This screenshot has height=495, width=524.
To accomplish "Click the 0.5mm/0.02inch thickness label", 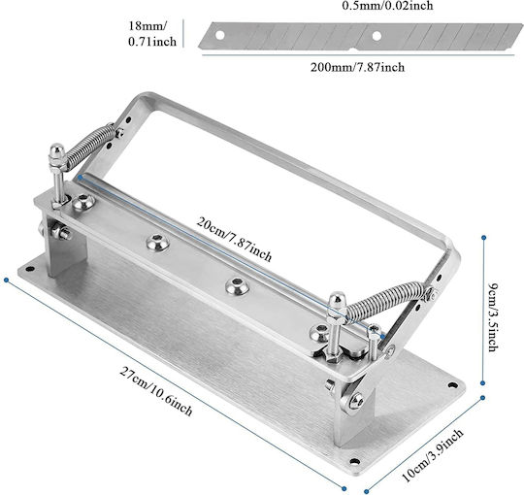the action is coord(387,6).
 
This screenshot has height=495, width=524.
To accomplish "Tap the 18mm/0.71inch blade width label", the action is coord(152,33).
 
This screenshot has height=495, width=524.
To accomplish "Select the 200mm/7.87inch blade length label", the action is coord(357,67).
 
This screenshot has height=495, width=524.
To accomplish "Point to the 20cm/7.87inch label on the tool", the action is coord(234,239).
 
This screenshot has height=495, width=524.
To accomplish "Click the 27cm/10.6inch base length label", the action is coord(156,391).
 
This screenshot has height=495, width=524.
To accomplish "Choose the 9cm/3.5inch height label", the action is coord(493,316).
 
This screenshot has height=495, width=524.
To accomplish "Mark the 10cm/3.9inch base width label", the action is coord(433,455).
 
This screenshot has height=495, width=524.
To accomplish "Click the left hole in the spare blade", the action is coord(219,35).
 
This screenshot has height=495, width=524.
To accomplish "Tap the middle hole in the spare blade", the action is coord(377,36).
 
